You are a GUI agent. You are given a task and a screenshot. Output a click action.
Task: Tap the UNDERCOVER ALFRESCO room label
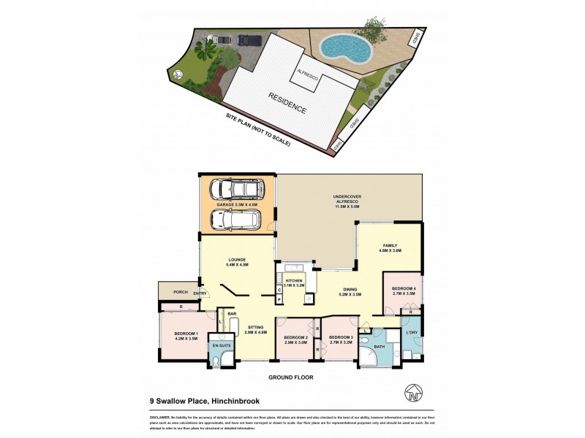(349, 199)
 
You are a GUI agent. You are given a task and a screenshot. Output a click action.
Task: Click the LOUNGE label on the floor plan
(236, 261)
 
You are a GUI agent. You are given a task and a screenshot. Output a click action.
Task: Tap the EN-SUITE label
(222, 345)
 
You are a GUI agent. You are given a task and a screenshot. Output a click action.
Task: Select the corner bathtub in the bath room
(368, 357)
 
